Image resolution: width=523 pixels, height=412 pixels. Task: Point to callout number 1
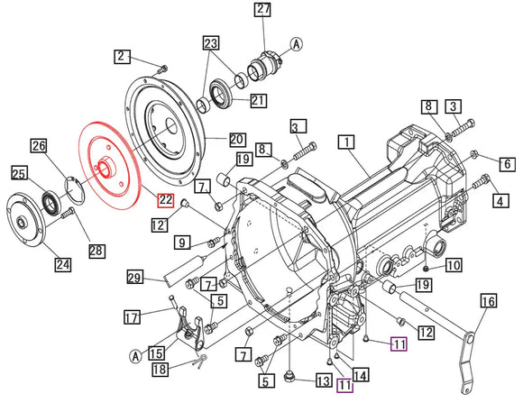348,142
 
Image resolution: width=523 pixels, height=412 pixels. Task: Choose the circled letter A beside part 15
134,356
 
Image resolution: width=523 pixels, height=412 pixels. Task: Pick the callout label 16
488,302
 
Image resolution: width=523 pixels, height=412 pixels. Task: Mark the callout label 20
236,140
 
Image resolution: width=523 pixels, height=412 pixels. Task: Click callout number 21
258,100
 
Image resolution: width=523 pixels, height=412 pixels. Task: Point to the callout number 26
39,144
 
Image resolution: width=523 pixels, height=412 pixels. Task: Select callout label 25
19,171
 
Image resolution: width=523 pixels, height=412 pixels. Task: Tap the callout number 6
508,164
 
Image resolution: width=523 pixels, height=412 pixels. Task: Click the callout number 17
132,316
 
